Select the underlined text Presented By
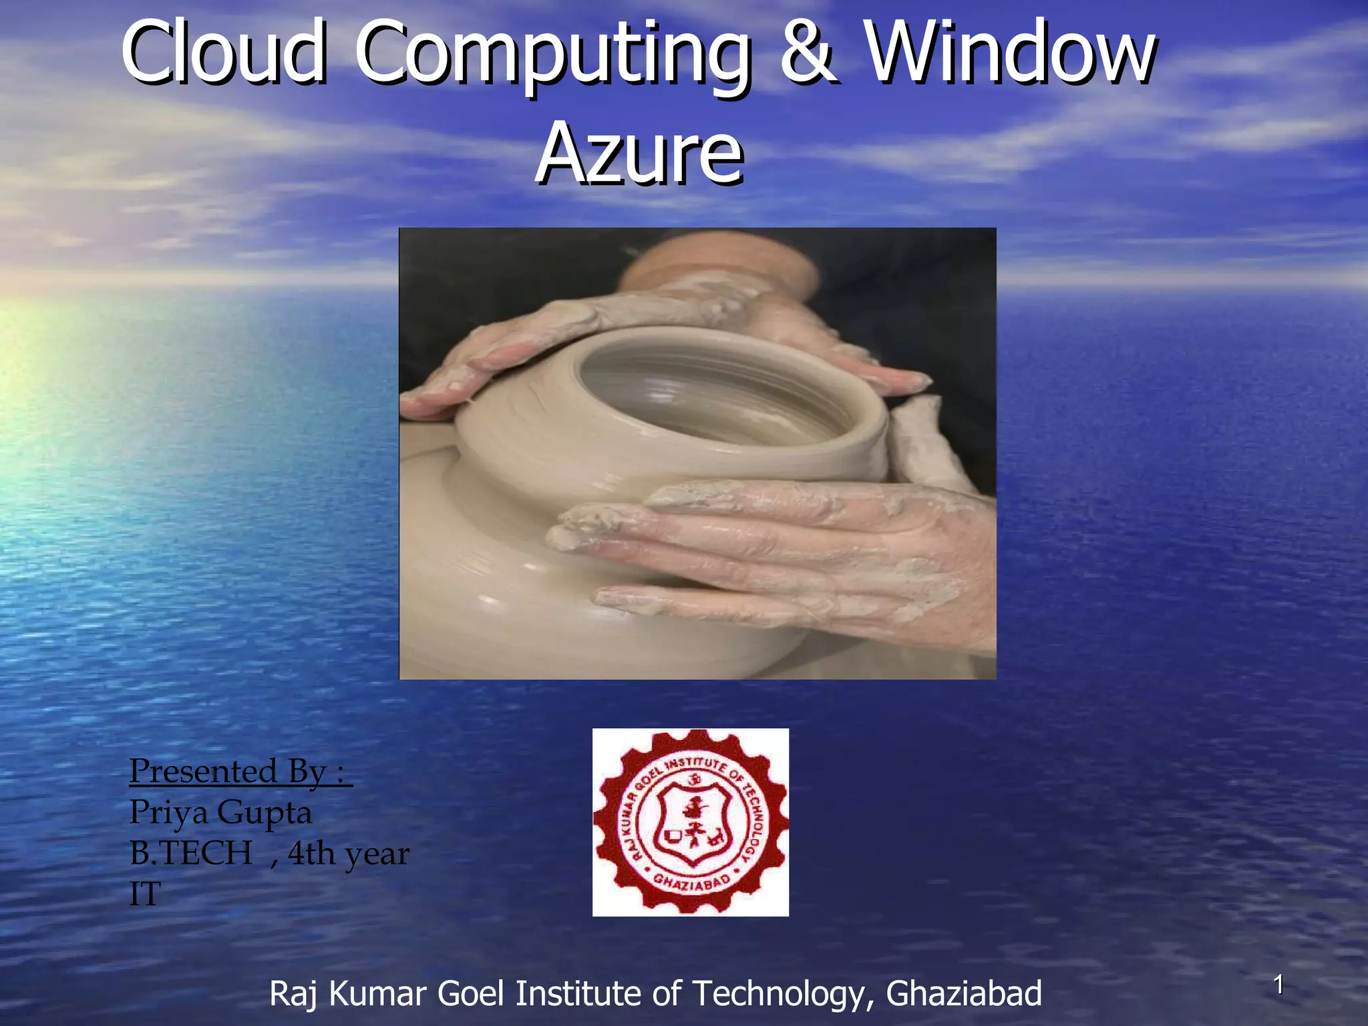coord(239,771)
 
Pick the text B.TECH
coord(191,853)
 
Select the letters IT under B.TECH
coord(145,894)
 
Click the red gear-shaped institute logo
coord(690,822)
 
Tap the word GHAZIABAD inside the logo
coord(691,883)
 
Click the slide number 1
coord(1278,985)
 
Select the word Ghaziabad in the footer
coord(963,993)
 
